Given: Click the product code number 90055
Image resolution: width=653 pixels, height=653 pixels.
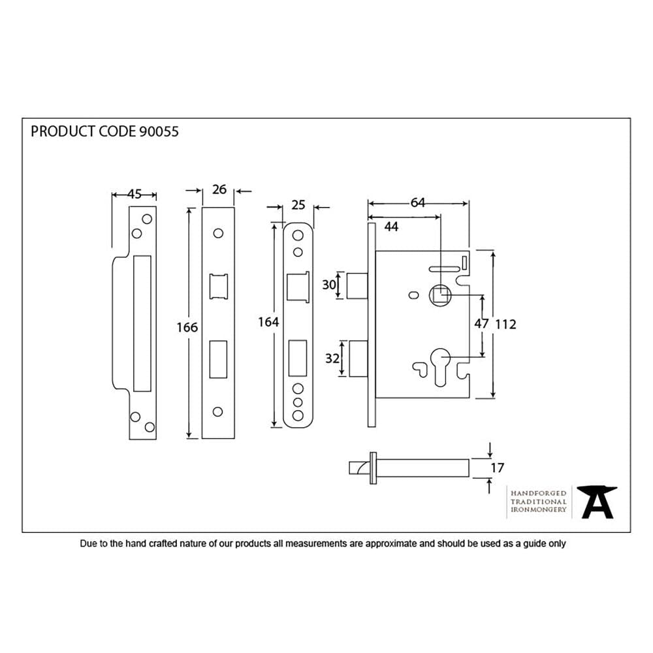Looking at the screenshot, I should pos(159,131).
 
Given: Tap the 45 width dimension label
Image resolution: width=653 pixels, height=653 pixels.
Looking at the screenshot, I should pos(135,194).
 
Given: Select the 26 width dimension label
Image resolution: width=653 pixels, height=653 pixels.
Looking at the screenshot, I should pos(219,189).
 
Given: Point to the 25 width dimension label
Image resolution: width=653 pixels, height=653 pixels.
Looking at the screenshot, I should pos(298,205).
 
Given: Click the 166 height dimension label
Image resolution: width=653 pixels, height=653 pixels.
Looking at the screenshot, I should pos(187,327).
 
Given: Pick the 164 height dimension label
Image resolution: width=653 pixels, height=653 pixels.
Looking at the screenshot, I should pos(268,322).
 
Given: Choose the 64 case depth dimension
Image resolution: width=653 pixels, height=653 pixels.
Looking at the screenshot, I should pos(418,203).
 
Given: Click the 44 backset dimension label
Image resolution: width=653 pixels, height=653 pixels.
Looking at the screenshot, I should pos(391,226).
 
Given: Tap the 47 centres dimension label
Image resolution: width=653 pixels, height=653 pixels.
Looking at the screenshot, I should pos(481,324).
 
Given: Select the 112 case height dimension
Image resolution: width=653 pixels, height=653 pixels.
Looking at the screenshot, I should pos(506,324).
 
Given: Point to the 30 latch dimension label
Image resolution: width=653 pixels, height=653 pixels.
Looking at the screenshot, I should pos(328,285).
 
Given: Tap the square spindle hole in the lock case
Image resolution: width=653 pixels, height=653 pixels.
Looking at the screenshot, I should pos(441,296).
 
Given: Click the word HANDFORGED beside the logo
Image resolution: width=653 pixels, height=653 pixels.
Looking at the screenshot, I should pos(538,493).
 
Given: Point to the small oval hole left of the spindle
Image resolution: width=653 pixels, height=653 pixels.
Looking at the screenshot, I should pos(411,296).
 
